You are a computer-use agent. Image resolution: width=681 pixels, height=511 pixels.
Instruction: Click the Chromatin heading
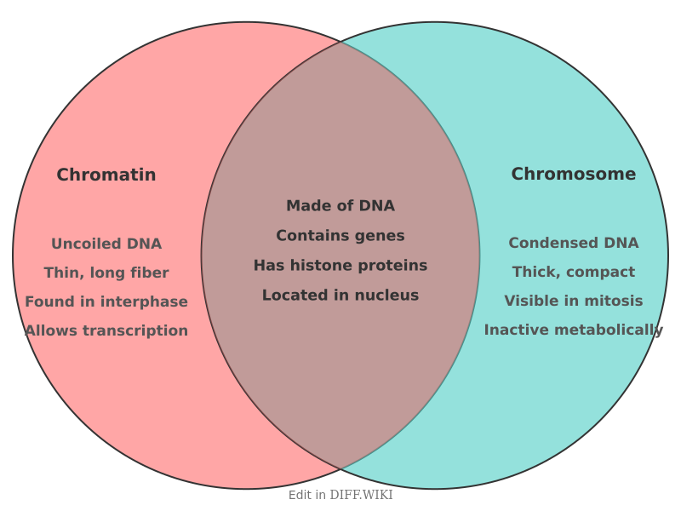pos(106,175)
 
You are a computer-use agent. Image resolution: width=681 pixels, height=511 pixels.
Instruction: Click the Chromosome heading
pos(573,174)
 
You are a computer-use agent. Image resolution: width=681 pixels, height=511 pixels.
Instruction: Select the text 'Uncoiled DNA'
pos(106,244)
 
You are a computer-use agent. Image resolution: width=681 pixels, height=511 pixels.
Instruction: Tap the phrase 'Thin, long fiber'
pos(106,273)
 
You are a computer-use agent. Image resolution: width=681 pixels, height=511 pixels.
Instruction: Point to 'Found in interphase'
pos(106,301)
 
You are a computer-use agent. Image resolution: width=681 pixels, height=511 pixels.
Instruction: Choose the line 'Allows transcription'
pos(106,330)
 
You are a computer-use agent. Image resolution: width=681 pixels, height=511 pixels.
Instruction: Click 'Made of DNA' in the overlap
pos(340,205)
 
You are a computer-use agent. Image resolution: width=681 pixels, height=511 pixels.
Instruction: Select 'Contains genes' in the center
pos(340,235)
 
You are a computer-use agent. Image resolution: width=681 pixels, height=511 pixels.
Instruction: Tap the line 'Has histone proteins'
pos(340,265)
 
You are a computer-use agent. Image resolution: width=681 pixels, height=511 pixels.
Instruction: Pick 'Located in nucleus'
pos(340,295)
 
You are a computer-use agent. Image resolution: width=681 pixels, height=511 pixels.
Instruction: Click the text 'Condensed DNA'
pos(573,243)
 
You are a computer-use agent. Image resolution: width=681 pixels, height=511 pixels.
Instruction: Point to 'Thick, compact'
pos(573,272)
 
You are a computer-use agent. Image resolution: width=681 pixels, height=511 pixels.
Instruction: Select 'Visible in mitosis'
pos(573,301)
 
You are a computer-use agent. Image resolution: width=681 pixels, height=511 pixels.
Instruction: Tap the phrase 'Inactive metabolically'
pos(573,330)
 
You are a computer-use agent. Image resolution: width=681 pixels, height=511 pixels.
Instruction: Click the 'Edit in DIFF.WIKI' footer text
pos(340,495)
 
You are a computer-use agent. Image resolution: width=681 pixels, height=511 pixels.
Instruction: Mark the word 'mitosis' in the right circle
pos(612,301)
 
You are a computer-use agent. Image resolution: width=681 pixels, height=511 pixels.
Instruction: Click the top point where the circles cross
pos(340,41)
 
